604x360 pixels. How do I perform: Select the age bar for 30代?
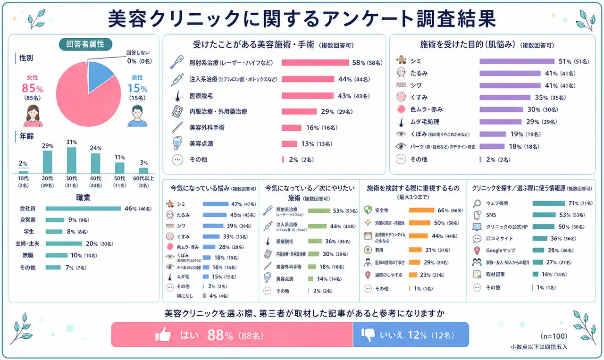click(x=72, y=160)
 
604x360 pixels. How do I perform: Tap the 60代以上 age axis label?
click(x=143, y=178)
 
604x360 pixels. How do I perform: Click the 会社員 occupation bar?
click(x=84, y=208)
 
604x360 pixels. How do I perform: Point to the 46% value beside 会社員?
click(x=130, y=208)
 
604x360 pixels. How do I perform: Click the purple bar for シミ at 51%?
click(x=517, y=61)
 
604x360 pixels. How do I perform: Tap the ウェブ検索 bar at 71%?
click(x=548, y=203)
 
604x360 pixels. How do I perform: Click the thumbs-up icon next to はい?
click(x=163, y=335)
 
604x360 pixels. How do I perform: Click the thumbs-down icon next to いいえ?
click(x=368, y=335)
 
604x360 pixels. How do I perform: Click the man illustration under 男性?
click(x=137, y=116)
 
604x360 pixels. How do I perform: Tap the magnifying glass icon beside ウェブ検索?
click(x=477, y=203)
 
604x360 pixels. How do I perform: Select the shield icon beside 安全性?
click(x=368, y=210)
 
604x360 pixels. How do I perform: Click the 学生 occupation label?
click(x=29, y=232)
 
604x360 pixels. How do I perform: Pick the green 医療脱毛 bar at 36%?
click(x=315, y=241)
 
